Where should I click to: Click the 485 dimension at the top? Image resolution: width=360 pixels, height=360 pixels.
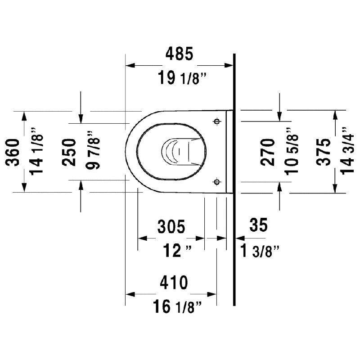pos(179,54)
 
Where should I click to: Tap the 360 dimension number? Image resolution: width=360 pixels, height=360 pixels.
pos(13,152)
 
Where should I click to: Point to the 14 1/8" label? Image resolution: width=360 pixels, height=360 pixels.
pos(36,152)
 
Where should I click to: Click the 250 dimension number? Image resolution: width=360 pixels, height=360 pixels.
pos(69,152)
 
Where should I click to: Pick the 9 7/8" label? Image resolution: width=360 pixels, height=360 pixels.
pos(93,150)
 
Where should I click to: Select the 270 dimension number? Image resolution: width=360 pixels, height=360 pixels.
pos(267,152)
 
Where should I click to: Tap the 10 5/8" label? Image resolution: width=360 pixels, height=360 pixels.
pos(292,152)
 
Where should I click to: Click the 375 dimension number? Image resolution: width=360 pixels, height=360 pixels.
pos(323,152)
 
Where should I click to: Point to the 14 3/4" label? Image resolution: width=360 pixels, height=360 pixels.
pos(347,151)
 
